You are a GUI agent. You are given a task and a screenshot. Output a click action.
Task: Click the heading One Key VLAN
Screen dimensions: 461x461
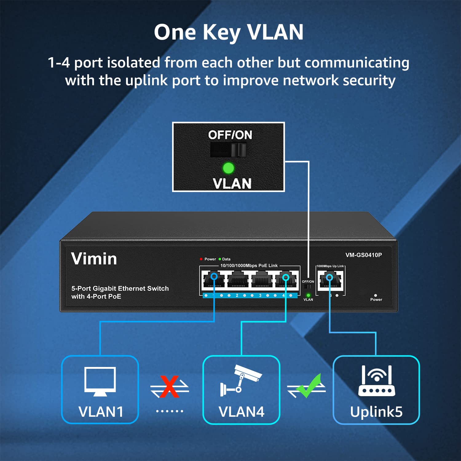(x=229, y=32)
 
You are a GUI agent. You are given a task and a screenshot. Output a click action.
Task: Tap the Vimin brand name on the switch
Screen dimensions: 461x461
(x=94, y=259)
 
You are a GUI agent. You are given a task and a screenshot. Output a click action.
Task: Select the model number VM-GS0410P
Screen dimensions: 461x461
(x=364, y=255)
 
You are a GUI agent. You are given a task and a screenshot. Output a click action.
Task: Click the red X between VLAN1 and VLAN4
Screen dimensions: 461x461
(x=169, y=387)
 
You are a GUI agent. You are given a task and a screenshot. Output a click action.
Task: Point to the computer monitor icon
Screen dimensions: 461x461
(x=100, y=381)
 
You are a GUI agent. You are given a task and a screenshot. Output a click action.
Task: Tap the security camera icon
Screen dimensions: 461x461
(x=241, y=380)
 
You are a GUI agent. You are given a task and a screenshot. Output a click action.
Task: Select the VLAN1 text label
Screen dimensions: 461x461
(x=101, y=412)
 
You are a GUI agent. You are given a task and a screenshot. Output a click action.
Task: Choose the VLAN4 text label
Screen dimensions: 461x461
(x=242, y=412)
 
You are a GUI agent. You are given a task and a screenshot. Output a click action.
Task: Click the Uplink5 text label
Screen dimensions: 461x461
(x=376, y=412)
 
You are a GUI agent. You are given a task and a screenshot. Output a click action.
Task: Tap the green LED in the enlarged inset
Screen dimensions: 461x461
(x=228, y=168)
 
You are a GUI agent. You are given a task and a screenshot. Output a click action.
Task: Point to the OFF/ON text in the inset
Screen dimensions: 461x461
(x=230, y=135)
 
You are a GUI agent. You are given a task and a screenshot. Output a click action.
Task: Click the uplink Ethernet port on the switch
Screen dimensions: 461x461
(x=330, y=280)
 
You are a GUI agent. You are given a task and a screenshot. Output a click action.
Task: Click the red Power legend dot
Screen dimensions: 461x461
(x=201, y=259)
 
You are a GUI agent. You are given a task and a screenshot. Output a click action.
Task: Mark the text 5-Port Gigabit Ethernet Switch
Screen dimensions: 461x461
(x=120, y=289)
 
